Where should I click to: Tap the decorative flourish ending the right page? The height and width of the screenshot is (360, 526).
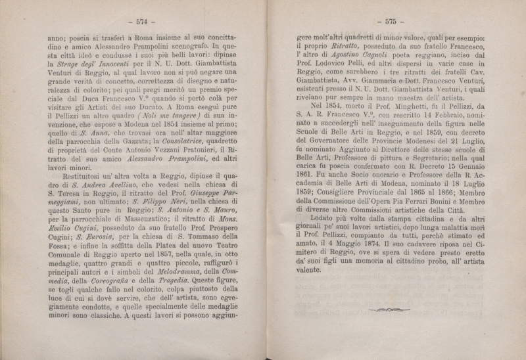coord(390,308)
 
